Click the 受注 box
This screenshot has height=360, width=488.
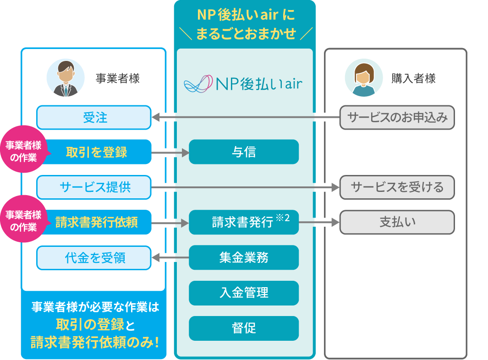click(94, 118)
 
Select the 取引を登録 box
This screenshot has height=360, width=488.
click(97, 152)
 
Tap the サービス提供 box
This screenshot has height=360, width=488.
click(94, 187)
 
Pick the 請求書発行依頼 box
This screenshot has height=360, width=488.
click(97, 223)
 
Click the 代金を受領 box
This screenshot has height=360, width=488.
click(94, 258)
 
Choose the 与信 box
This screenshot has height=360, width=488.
click(244, 152)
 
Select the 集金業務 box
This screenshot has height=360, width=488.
click(244, 258)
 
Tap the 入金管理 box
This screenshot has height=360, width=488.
click(244, 293)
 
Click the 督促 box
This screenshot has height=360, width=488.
click(244, 328)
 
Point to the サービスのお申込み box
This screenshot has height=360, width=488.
click(397, 118)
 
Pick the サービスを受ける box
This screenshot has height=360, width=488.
click(397, 187)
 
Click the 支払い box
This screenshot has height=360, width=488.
click(397, 223)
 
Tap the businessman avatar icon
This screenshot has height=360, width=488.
click(66, 78)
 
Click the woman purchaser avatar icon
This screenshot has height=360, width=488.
click(363, 78)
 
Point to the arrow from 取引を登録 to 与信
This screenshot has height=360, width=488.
click(170, 153)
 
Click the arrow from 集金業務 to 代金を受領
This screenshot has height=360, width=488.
click(170, 258)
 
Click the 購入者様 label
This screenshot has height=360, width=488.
click(413, 79)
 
